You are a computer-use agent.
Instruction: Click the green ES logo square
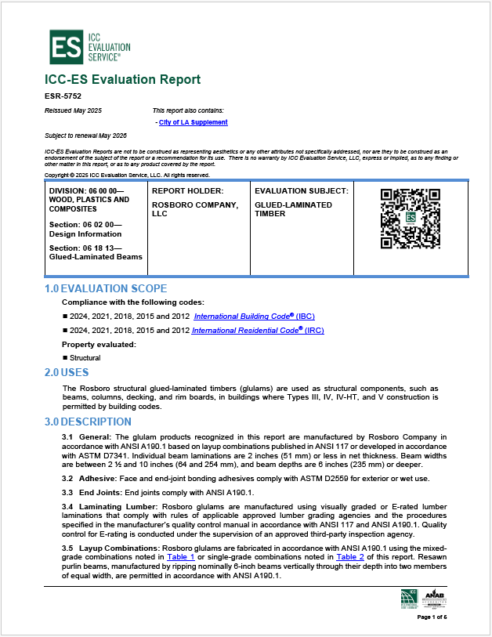pos(67,47)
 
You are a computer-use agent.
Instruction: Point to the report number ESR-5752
pos(63,96)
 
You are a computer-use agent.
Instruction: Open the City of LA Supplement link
pos(193,122)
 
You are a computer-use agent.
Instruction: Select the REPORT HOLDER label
pos(187,190)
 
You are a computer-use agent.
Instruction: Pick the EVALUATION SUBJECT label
pos(302,190)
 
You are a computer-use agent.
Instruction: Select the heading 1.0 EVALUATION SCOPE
pos(106,289)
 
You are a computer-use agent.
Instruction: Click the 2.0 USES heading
pos(67,371)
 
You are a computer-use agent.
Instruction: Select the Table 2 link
pos(350,557)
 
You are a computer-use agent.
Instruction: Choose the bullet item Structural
pos(85,357)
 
